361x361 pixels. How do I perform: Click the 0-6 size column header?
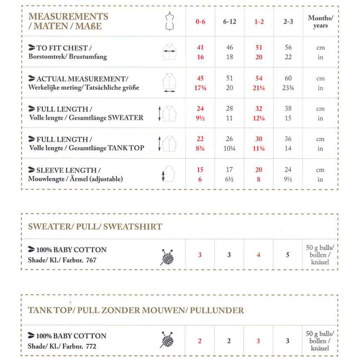200,22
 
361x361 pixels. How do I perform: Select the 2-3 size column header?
288,22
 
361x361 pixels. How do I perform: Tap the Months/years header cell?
320,22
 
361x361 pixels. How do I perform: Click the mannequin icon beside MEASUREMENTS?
167,21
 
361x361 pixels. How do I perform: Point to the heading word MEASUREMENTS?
68,17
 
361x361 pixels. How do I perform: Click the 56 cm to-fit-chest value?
288,47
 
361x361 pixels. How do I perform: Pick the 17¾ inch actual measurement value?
200,88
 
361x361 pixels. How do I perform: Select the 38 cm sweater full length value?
288,109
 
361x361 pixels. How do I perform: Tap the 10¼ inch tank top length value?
230,149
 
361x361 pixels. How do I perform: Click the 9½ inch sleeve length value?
288,179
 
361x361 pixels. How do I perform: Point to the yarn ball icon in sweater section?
167,255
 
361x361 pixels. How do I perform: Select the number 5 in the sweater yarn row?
288,255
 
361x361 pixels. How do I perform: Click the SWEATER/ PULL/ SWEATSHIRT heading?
95,226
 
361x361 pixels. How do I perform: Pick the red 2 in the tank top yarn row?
200,341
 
